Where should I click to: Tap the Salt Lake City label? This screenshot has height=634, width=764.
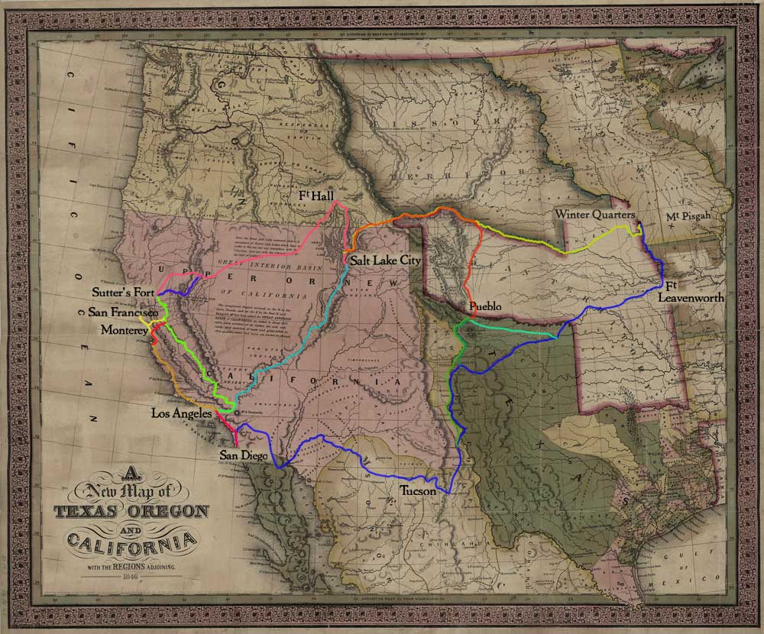pos(386,260)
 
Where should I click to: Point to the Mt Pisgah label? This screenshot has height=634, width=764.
pos(688,216)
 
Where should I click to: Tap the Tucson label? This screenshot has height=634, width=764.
pos(417,491)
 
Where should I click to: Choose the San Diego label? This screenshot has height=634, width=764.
pos(244,456)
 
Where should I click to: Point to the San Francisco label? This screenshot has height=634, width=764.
pos(123,312)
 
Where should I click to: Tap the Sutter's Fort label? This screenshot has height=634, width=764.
pos(124,292)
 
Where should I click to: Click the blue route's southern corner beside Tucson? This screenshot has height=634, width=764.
pos(445,492)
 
